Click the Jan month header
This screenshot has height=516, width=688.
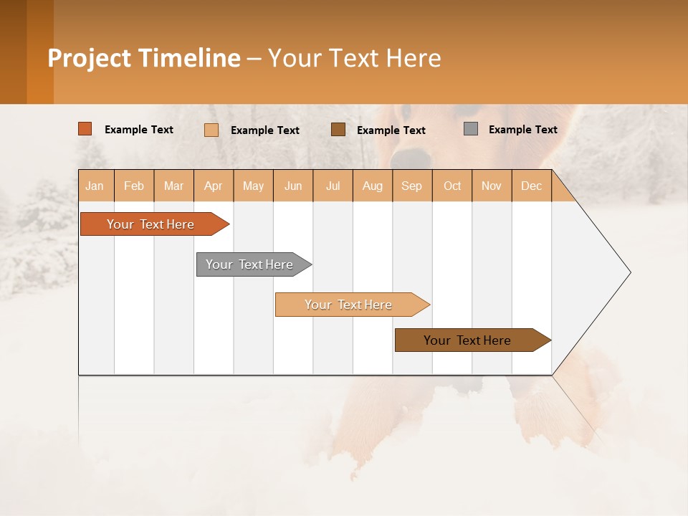pyautogui.click(x=95, y=186)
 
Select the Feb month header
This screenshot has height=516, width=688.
pyautogui.click(x=134, y=186)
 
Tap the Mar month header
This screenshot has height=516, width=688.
pyautogui.click(x=173, y=186)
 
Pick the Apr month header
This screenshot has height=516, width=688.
pyautogui.click(x=214, y=186)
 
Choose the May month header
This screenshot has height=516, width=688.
pyautogui.click(x=253, y=186)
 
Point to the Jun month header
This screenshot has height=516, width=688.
pyautogui.click(x=293, y=186)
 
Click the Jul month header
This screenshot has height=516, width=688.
pyautogui.click(x=333, y=186)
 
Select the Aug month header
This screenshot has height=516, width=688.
pyautogui.click(x=373, y=186)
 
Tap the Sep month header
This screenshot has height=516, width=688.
pyautogui.click(x=412, y=186)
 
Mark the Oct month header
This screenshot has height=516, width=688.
pyautogui.click(x=452, y=186)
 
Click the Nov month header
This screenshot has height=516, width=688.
pyautogui.click(x=492, y=186)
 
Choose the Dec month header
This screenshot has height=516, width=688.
pyautogui.click(x=532, y=186)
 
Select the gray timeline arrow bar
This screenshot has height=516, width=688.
pyautogui.click(x=251, y=264)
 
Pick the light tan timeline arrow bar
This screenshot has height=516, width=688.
pyautogui.click(x=350, y=305)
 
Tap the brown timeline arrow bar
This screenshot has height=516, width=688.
pyautogui.click(x=469, y=340)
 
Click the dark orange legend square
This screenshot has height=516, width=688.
pyautogui.click(x=85, y=129)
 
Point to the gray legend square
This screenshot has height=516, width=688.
pyautogui.click(x=471, y=129)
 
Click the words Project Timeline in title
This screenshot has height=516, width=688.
pyautogui.click(x=144, y=58)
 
